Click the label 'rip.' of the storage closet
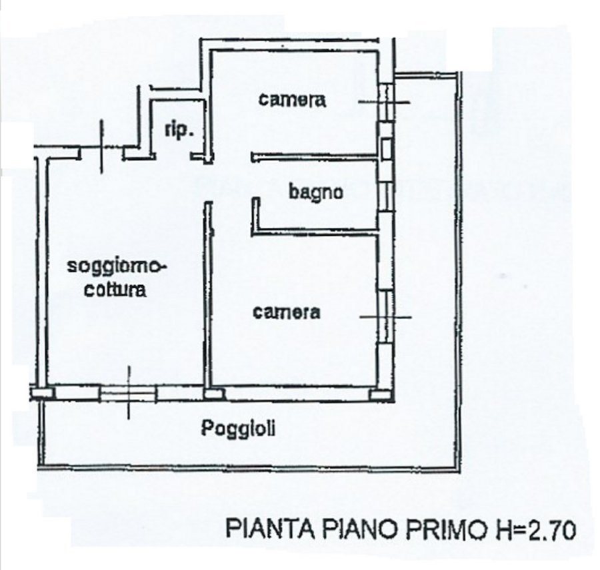point(179,131)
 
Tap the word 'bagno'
point(316,192)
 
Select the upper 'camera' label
point(293,100)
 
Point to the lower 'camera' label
point(286,312)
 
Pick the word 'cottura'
point(115,290)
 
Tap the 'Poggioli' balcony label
point(239,428)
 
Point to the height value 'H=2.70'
point(537,529)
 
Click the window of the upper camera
point(386,102)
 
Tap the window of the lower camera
point(386,316)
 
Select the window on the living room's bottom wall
point(128,394)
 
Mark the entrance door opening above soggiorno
point(102,153)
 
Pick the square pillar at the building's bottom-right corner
point(380,395)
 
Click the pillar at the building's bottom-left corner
point(41,393)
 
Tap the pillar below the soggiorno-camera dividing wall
point(214,394)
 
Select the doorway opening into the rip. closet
point(173,156)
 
